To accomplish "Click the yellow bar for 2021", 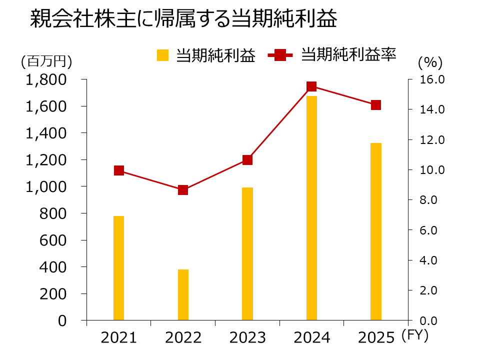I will pyautogui.click(x=118, y=268).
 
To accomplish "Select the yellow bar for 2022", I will pyautogui.click(x=183, y=294).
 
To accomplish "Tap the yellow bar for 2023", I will pyautogui.click(x=247, y=254).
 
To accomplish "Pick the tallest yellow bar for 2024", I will pyautogui.click(x=311, y=208).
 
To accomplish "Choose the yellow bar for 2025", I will pyautogui.click(x=376, y=231).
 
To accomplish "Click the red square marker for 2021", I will pyautogui.click(x=119, y=170).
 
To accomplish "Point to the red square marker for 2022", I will pyautogui.click(x=183, y=190).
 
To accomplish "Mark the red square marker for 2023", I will pyautogui.click(x=247, y=160).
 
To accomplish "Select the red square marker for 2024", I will pyautogui.click(x=311, y=86).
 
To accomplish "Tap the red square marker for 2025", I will pyautogui.click(x=376, y=105).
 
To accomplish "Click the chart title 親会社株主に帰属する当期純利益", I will pyautogui.click(x=183, y=20).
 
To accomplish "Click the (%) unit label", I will pyautogui.click(x=430, y=62).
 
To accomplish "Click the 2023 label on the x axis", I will pyautogui.click(x=247, y=338).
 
